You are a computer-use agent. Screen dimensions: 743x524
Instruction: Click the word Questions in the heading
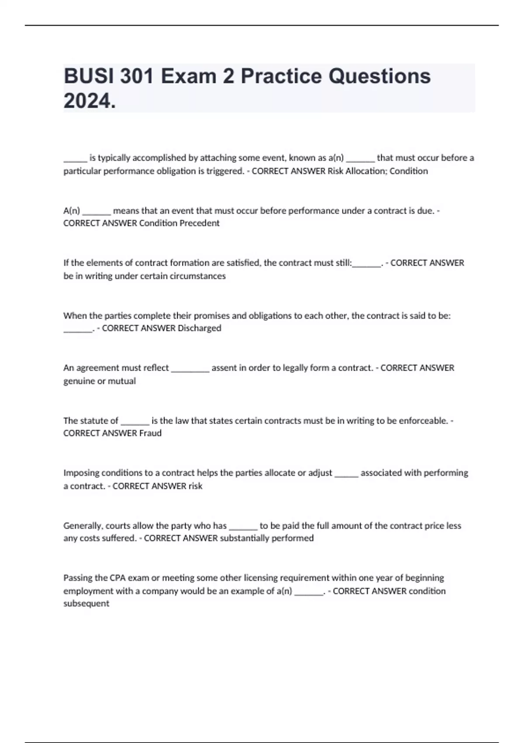tap(379, 76)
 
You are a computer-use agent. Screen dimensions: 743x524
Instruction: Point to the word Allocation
tap(365, 171)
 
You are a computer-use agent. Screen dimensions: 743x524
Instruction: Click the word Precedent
tap(199, 223)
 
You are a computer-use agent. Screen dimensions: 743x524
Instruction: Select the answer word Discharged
tap(199, 328)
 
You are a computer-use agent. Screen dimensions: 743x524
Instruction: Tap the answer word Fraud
tap(150, 433)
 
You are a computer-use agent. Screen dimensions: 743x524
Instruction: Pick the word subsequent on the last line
tap(86, 604)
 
